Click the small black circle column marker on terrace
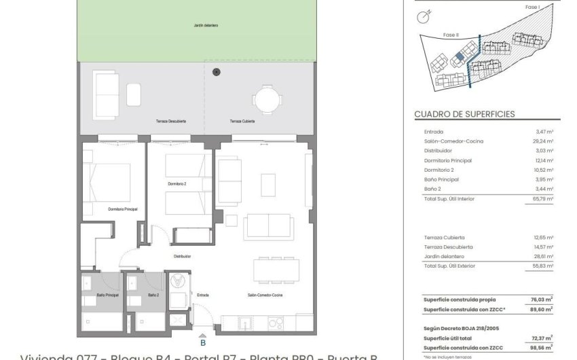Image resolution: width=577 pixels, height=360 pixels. pyautogui.click(x=217, y=71)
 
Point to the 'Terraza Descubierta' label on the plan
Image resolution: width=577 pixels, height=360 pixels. pyautogui.click(x=171, y=121)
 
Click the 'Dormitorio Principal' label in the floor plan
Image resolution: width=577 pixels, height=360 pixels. pyautogui.click(x=122, y=209)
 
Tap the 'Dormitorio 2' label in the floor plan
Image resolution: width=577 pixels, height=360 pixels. pyautogui.click(x=178, y=183)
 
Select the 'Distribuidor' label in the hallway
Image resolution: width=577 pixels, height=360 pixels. pyautogui.click(x=181, y=256)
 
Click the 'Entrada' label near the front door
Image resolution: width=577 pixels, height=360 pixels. pyautogui.click(x=203, y=295)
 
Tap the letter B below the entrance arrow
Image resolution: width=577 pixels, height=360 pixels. pyautogui.click(x=202, y=343)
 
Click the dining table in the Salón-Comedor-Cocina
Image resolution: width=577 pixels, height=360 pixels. pyautogui.click(x=277, y=270)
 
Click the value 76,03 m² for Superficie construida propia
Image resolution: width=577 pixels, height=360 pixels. pyautogui.click(x=542, y=299)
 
